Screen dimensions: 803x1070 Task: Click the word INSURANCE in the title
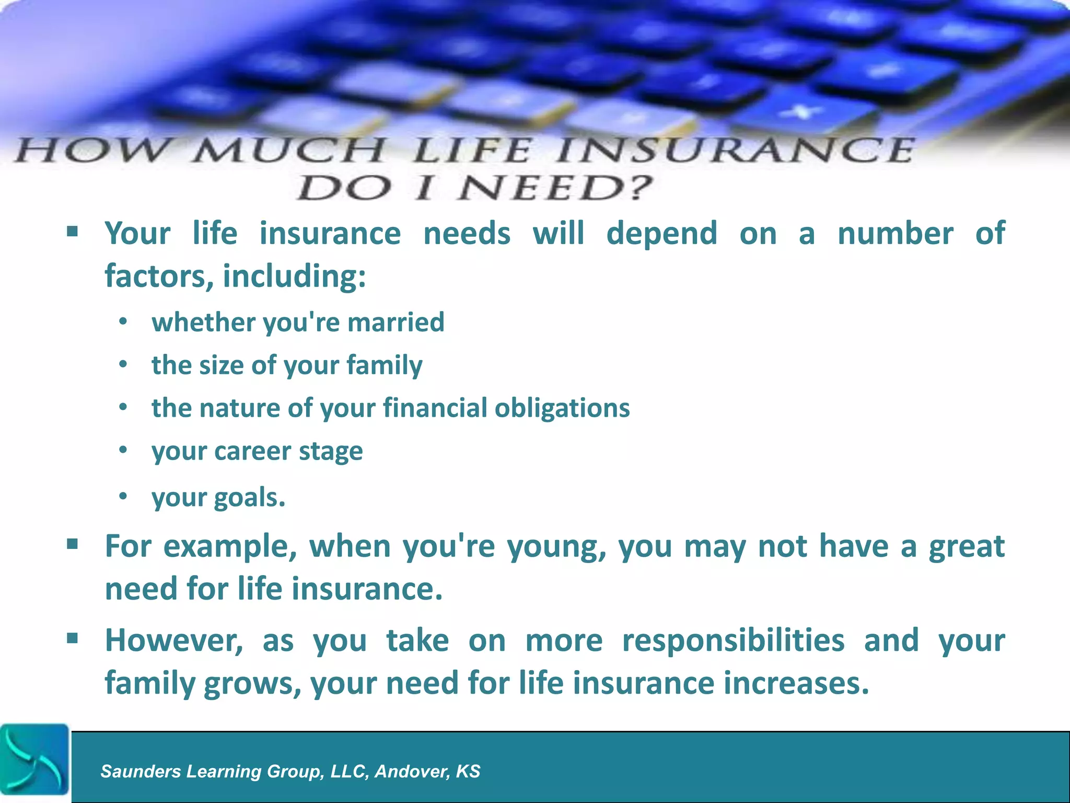tap(734, 151)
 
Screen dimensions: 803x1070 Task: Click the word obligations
tap(562, 408)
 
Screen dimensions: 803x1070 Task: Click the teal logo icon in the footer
tap(34, 760)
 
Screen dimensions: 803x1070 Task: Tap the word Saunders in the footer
tap(141, 772)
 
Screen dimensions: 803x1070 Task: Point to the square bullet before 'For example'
tap(73, 545)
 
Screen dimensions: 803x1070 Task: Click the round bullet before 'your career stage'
tap(123, 450)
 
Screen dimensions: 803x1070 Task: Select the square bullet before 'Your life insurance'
tap(73, 231)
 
